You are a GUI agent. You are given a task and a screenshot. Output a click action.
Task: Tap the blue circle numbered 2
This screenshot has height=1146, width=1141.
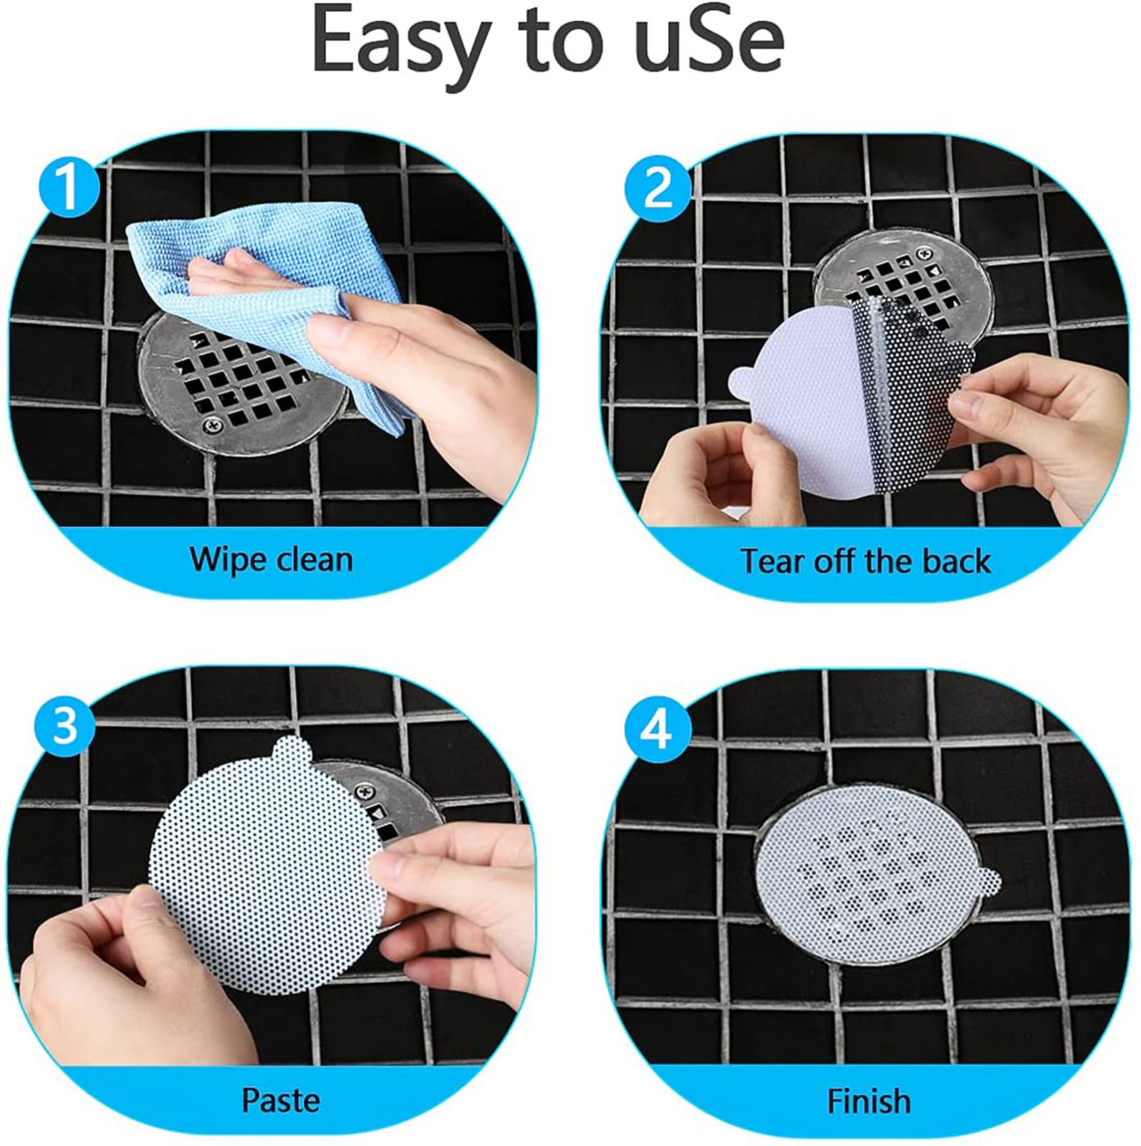click(658, 188)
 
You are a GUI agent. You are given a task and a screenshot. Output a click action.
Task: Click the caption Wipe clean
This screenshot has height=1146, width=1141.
click(271, 559)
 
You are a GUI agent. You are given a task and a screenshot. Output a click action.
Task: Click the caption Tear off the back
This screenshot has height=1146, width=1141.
click(865, 561)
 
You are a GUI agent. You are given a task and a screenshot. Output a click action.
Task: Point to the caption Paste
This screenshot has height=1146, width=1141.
click(281, 1099)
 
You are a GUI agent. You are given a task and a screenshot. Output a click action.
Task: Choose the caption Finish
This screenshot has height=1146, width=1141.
click(870, 1101)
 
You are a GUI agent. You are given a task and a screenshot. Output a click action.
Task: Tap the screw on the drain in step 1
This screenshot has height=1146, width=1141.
click(213, 427)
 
